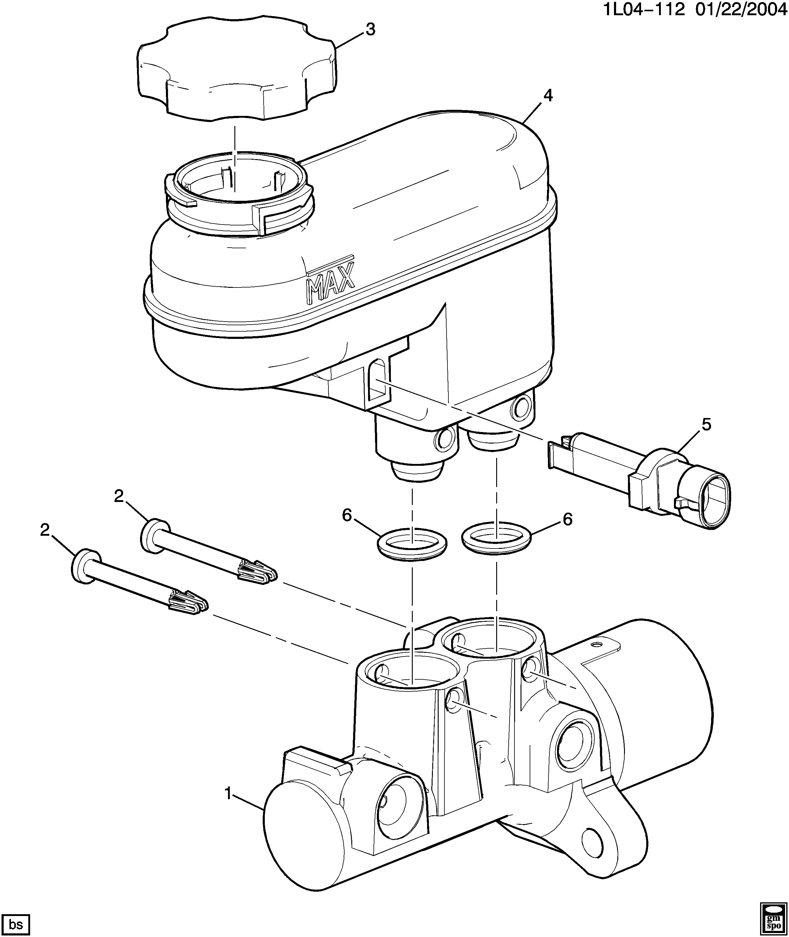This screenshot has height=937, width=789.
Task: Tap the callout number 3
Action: [370, 30]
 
